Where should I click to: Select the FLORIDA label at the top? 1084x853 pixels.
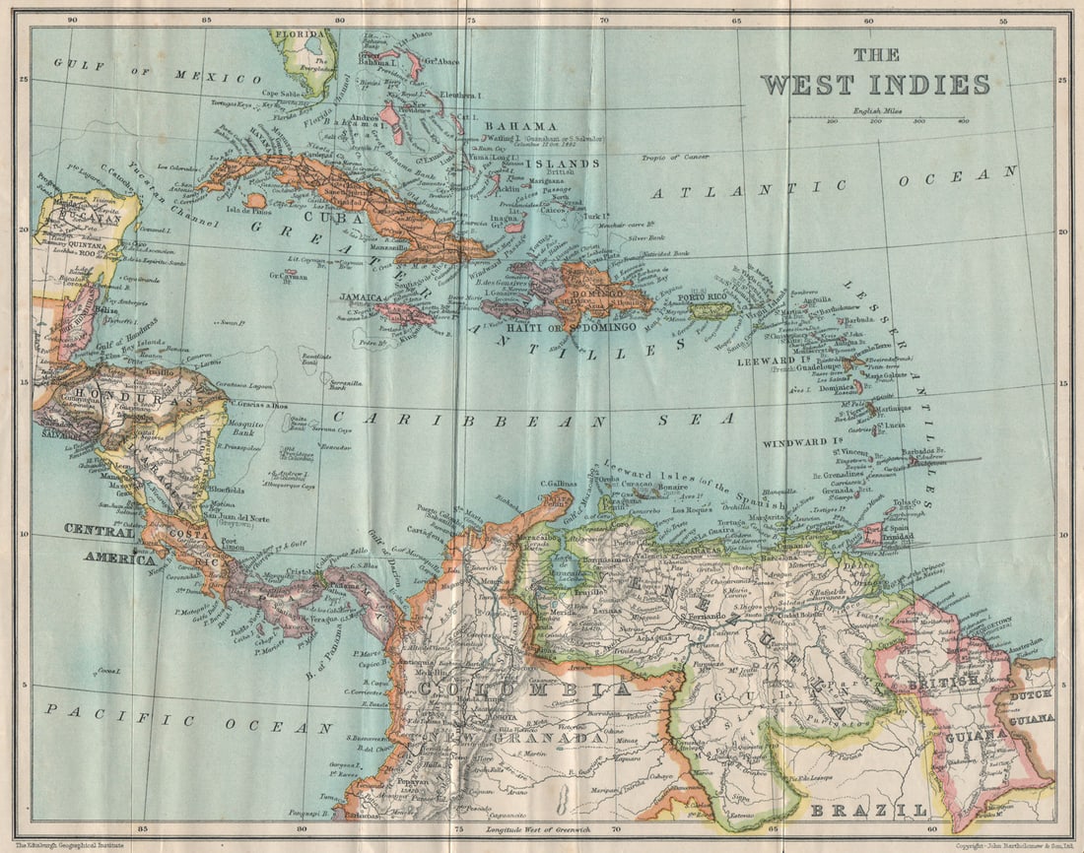298,33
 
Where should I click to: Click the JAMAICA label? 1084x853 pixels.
361,296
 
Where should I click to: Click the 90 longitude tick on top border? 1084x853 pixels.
72,19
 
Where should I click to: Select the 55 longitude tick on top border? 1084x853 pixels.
1002,19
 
